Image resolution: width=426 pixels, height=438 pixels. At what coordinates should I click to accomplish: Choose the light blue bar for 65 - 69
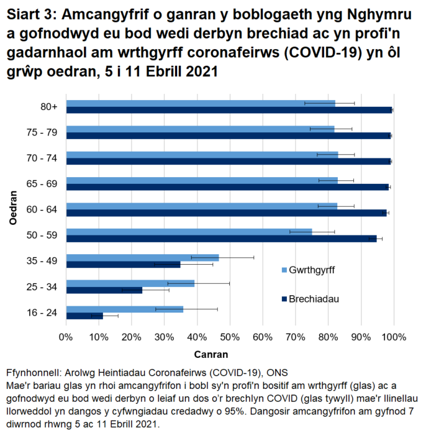tap(202, 180)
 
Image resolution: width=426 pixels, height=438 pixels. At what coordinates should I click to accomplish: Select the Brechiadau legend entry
tap(314, 299)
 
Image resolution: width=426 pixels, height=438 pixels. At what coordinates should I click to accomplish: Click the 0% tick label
tap(66, 337)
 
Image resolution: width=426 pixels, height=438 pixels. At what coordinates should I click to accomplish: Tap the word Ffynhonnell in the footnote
tap(30, 373)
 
